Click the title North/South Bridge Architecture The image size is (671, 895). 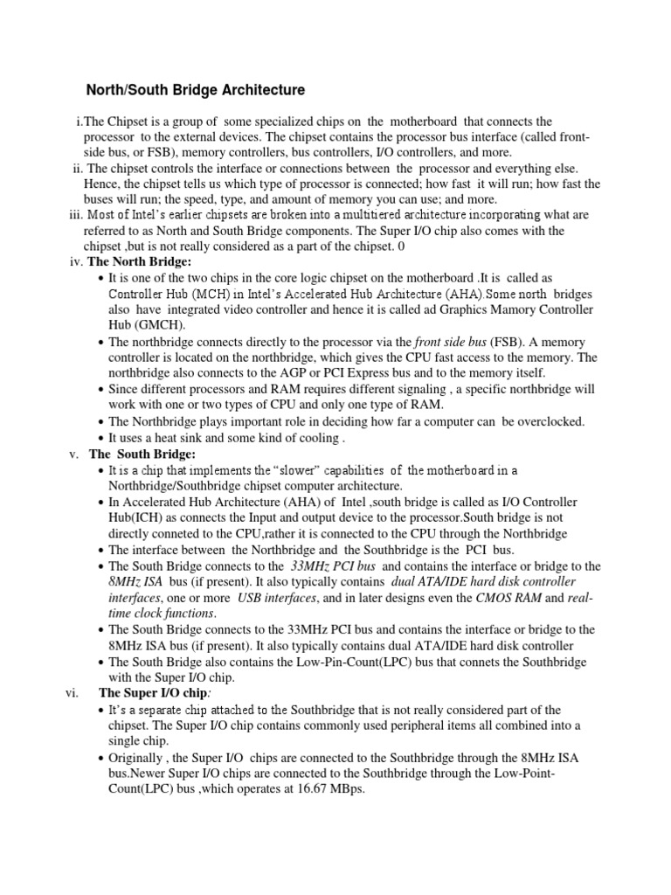coord(195,90)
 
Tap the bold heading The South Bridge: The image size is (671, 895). coord(143,454)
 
